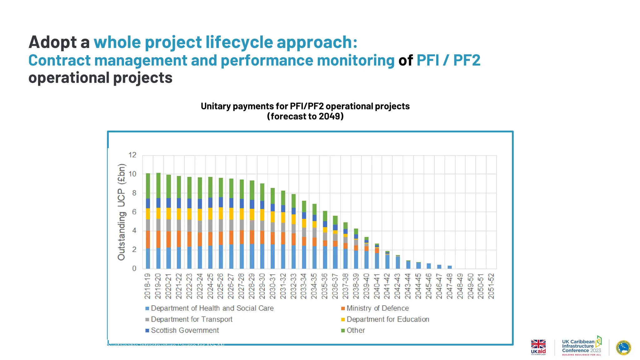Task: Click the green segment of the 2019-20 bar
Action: coord(158,185)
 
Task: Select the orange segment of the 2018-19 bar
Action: coord(148,239)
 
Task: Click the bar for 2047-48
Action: coord(450,267)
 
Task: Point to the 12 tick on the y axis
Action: coord(132,155)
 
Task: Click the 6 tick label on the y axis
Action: coord(134,212)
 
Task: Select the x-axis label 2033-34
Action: coord(304,286)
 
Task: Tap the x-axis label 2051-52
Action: coord(491,286)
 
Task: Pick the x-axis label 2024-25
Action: coord(210,286)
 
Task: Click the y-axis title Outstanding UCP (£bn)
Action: coord(121,212)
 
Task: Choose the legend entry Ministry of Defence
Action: coord(377,308)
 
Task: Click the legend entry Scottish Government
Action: coord(185,330)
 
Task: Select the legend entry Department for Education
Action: coord(387,319)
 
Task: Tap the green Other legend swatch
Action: coord(343,330)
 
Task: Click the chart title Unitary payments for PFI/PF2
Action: coord(305,106)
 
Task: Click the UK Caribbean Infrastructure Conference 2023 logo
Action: coord(581,346)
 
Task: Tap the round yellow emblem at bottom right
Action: coord(623,347)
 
